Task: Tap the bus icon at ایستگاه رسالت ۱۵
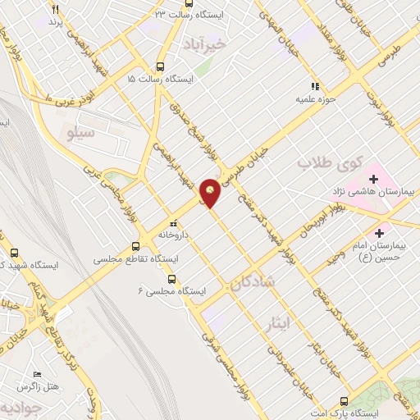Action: coord(158,67)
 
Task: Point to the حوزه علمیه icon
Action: coord(313,86)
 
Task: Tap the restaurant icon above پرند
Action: coord(56,9)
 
